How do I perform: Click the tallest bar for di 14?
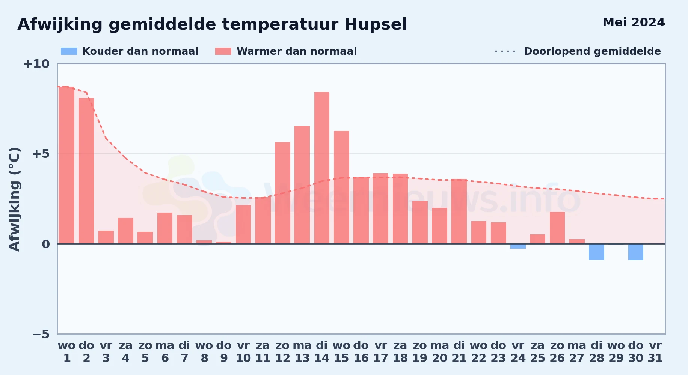click(x=322, y=168)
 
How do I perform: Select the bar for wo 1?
click(x=67, y=165)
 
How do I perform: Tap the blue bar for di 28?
click(x=596, y=252)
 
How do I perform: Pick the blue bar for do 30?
click(x=636, y=252)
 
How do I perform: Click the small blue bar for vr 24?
click(x=518, y=246)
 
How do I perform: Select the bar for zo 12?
click(x=282, y=193)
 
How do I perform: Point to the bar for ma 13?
click(x=302, y=185)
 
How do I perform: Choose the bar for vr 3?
click(x=106, y=237)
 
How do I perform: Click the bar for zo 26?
click(x=557, y=228)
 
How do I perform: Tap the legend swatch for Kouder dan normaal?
click(x=69, y=51)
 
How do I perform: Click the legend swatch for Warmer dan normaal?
click(x=223, y=51)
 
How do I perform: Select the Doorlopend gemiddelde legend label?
click(x=592, y=51)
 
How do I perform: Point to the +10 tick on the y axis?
click(x=36, y=64)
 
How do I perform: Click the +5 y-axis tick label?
click(x=41, y=154)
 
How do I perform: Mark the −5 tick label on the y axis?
click(x=41, y=334)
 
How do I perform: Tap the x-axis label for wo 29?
click(x=616, y=351)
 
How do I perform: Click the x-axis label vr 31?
click(x=655, y=351)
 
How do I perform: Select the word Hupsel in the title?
click(x=376, y=24)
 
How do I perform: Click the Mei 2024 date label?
click(x=634, y=22)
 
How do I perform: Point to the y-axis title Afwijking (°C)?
click(x=14, y=199)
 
